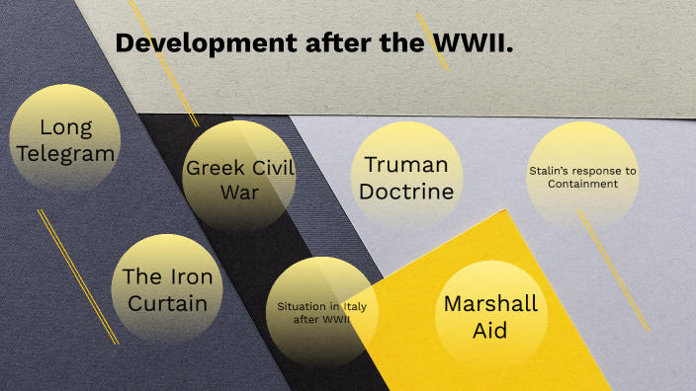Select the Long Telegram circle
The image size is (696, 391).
[x=64, y=139]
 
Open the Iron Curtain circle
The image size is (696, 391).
[x=167, y=288]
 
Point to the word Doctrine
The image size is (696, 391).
[x=406, y=192]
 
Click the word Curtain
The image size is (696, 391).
[x=167, y=302]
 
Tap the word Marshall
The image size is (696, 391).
[x=490, y=303]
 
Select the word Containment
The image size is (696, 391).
[x=582, y=184]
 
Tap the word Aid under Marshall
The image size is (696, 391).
[x=490, y=330]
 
